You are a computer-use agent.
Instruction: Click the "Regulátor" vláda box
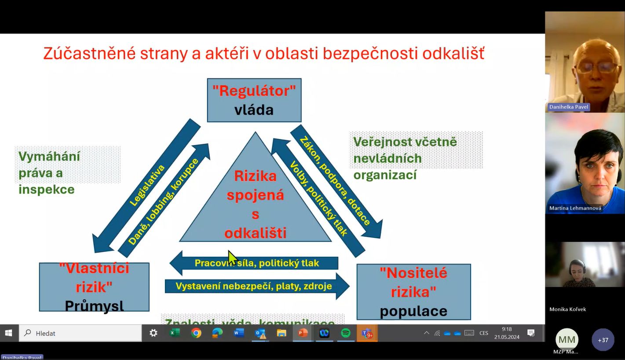click(x=254, y=100)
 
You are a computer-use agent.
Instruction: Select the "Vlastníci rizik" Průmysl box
click(x=94, y=287)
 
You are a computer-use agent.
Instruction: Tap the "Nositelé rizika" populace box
click(x=413, y=291)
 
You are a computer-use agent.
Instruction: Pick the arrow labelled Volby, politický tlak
click(x=318, y=197)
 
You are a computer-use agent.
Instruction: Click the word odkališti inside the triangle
click(x=255, y=233)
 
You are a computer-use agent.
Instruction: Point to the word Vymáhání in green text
click(x=49, y=156)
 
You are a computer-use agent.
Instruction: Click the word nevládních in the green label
click(x=387, y=158)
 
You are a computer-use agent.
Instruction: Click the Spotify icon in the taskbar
click(x=346, y=333)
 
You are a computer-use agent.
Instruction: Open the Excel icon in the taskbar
click(x=175, y=333)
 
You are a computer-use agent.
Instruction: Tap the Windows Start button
click(x=9, y=333)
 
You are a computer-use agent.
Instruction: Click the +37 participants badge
click(x=603, y=340)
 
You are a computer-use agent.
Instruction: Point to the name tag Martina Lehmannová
click(x=575, y=208)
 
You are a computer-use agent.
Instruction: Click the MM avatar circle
click(x=566, y=340)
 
